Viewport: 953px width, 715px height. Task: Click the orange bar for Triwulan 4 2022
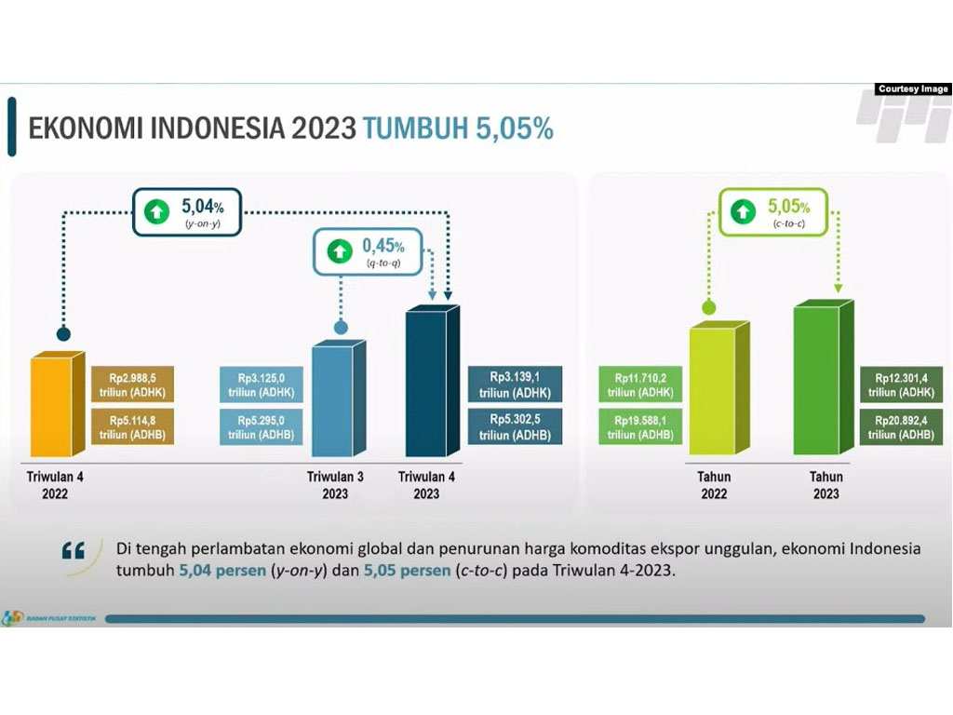[x=58, y=404]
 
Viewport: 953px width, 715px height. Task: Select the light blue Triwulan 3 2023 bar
[x=339, y=398]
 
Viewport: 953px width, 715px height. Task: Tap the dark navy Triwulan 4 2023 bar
[x=432, y=381]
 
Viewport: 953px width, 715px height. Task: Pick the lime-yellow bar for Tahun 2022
[x=719, y=388]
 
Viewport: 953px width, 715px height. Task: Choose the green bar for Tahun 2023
[x=824, y=377]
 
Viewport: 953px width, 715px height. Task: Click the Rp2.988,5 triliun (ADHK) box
[x=132, y=384]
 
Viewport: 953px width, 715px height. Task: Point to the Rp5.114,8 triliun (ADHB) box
[x=132, y=426]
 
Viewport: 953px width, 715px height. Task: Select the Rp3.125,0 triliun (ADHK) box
[x=261, y=384]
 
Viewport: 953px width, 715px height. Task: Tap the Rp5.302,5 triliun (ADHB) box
[x=515, y=426]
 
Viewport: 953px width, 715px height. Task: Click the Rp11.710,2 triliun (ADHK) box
[x=640, y=384]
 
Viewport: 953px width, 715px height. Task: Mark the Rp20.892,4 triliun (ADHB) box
[x=901, y=426]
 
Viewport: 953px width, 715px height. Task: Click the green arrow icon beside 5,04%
[x=156, y=211]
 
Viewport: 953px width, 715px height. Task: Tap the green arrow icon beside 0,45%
[x=340, y=251]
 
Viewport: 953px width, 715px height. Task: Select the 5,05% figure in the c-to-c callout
[x=789, y=207]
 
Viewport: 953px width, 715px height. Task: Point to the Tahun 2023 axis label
[x=826, y=485]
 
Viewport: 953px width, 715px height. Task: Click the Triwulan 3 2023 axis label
[x=335, y=485]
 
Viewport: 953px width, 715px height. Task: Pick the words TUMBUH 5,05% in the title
[x=458, y=128]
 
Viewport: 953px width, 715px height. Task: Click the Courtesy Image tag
[x=913, y=88]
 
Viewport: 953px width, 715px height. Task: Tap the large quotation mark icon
[x=74, y=551]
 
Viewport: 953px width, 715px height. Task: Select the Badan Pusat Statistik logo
[x=48, y=618]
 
